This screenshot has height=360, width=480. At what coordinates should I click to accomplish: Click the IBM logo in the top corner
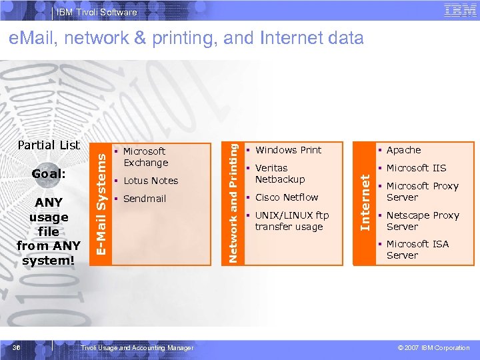pyautogui.click(x=459, y=10)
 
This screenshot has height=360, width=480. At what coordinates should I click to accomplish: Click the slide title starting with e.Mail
pyautogui.click(x=186, y=38)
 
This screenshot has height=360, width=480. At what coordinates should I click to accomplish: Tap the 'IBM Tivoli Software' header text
pyautogui.click(x=97, y=12)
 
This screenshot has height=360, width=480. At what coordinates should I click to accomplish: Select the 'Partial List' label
pyautogui.click(x=49, y=145)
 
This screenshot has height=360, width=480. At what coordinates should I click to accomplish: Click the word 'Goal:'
pyautogui.click(x=49, y=173)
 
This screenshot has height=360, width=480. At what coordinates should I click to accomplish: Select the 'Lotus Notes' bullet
pyautogui.click(x=151, y=181)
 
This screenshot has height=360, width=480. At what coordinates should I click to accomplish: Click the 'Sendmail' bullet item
pyautogui.click(x=144, y=199)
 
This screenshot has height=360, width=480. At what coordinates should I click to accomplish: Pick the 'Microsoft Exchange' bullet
pyautogui.click(x=145, y=157)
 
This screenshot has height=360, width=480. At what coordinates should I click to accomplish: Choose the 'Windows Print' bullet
pyautogui.click(x=288, y=150)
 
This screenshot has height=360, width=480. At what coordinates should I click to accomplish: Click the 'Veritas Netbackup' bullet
pyautogui.click(x=280, y=173)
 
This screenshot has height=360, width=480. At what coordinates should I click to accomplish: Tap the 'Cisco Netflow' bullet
pyautogui.click(x=287, y=197)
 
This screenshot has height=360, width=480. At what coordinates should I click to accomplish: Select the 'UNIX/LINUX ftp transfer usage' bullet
pyautogui.click(x=291, y=221)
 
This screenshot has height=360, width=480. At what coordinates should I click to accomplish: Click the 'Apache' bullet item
pyautogui.click(x=403, y=150)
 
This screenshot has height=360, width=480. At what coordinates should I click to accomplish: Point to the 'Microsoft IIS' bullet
pyautogui.click(x=416, y=168)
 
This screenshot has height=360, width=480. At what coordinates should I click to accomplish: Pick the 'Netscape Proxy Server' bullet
pyautogui.click(x=422, y=221)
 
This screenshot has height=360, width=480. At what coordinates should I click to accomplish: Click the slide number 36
pyautogui.click(x=24, y=347)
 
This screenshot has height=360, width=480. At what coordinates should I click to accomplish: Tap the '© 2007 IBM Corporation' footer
pyautogui.click(x=433, y=348)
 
